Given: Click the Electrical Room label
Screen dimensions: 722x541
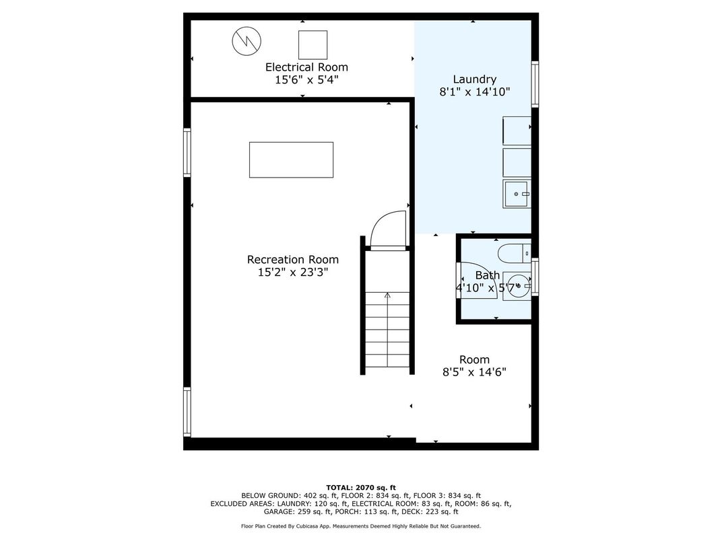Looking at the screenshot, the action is point(306,67).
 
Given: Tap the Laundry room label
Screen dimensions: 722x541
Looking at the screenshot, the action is point(474,79).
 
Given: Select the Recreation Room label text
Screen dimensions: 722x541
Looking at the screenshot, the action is point(293,260).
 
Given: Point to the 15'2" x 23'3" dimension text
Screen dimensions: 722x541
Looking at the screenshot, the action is point(293,273).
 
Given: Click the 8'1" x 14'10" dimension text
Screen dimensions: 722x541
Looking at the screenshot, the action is point(475,92).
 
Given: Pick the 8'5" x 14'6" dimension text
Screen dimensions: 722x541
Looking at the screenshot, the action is point(474,371).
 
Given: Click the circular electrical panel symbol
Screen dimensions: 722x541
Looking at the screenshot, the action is point(247,41).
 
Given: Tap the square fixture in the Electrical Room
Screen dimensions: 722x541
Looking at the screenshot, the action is point(313,45).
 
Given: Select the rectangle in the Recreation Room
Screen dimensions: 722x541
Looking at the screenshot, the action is point(291,159).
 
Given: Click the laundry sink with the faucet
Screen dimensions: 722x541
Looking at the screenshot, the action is point(516,194).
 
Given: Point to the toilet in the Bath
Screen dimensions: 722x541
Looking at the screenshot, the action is point(515,252).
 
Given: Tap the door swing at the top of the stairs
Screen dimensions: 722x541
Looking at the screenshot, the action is point(388,230).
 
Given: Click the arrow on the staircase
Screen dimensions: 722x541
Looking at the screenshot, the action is point(387,330).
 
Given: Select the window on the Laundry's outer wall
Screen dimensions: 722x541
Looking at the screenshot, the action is point(535,84).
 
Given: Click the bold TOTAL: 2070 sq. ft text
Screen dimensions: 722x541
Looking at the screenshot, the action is point(361,488).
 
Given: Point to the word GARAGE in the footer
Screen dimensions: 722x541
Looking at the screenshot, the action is point(279,511).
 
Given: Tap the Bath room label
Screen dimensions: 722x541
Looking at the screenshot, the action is point(488,275).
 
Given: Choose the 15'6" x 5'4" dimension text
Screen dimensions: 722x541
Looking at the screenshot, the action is point(306,79).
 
